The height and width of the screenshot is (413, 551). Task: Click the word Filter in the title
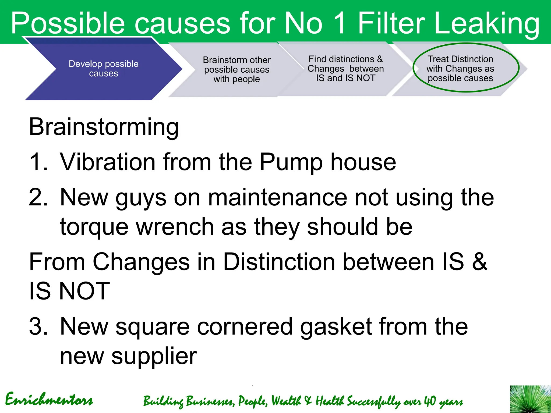coord(392,23)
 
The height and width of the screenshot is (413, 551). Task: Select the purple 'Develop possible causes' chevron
coord(104,69)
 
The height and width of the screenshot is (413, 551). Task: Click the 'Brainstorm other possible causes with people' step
coord(236,69)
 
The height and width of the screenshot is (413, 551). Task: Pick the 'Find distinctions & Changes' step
coord(345,69)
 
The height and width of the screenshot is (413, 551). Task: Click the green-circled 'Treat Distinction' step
coord(460,68)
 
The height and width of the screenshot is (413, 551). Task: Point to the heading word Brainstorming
coord(104,127)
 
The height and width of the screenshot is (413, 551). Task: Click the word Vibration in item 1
coord(108,162)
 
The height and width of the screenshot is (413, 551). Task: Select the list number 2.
coord(38,197)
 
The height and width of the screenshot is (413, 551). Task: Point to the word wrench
coord(175,227)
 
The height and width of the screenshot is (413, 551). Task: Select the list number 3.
coord(38,326)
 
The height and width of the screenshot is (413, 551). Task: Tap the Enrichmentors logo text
coord(49,399)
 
